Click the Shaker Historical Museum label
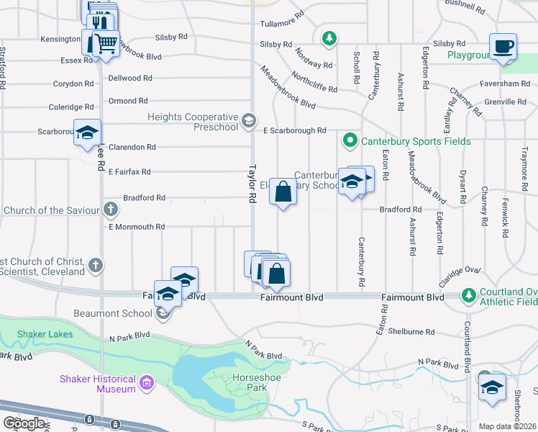pos(98,384)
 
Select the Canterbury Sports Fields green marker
pos(350,140)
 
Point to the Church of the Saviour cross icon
pos(110,210)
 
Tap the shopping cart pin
pos(106,43)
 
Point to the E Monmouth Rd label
pos(137,227)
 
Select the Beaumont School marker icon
pos(164,313)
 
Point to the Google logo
pos(24,423)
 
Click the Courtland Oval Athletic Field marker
pos(469,295)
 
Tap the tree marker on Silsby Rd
pos(329,37)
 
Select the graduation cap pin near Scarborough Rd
pos(87,133)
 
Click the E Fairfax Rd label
pos(129,172)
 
